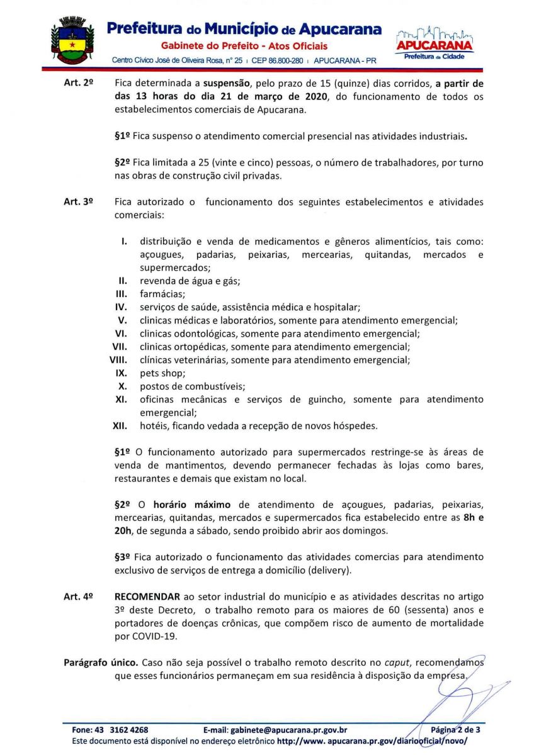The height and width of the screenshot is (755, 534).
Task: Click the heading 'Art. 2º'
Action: pyautogui.click(x=79, y=84)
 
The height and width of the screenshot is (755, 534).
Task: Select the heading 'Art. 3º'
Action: pyautogui.click(x=79, y=203)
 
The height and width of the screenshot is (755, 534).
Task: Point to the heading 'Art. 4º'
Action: pyautogui.click(x=79, y=596)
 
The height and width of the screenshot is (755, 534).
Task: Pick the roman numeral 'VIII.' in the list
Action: pyautogui.click(x=120, y=360)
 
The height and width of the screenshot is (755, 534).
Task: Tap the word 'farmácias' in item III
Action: pyautogui.click(x=160, y=294)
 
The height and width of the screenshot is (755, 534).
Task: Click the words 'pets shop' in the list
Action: pyautogui.click(x=159, y=373)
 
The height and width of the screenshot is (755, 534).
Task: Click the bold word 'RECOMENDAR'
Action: pyautogui.click(x=147, y=596)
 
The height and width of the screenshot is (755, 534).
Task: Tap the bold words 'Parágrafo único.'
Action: pyautogui.click(x=101, y=663)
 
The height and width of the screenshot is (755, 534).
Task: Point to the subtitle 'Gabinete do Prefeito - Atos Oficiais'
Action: pyautogui.click(x=244, y=46)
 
